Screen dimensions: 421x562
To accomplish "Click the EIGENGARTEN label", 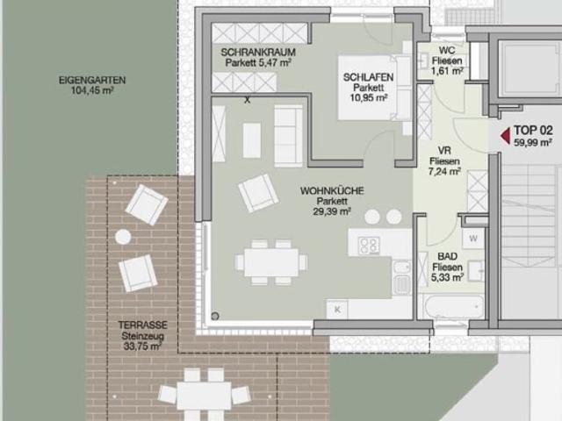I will pyautogui.click(x=92, y=80).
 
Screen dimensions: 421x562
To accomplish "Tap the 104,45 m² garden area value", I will pyautogui.click(x=92, y=90).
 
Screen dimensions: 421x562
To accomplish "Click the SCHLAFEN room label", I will pyautogui.click(x=368, y=78).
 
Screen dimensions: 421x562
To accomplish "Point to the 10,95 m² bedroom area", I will pyautogui.click(x=368, y=99).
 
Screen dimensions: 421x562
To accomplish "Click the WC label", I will pyautogui.click(x=447, y=51).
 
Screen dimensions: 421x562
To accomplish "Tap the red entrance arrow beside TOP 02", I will pyautogui.click(x=504, y=135).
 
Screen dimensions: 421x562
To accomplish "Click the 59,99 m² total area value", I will pyautogui.click(x=533, y=142).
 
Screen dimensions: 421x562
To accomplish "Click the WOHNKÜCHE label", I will pyautogui.click(x=326, y=190).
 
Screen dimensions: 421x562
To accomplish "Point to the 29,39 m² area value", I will pyautogui.click(x=326, y=211).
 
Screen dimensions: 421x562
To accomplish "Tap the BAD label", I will pyautogui.click(x=446, y=257).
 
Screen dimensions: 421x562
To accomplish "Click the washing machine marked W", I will pyautogui.click(x=473, y=238).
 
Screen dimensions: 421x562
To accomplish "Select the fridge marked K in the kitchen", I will pyautogui.click(x=336, y=309).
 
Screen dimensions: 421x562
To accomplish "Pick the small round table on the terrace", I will pyautogui.click(x=124, y=237).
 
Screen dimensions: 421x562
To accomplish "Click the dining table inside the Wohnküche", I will pyautogui.click(x=270, y=261).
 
